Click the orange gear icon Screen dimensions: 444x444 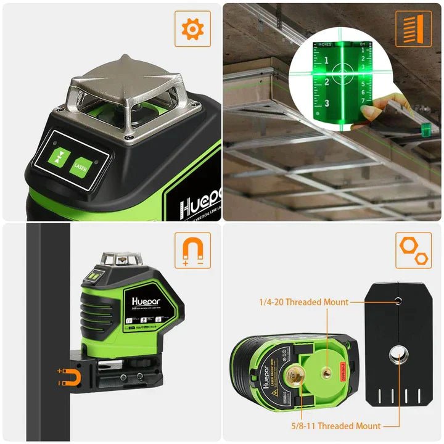pos(192,28)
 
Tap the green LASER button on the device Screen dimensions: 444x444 pos(78,166)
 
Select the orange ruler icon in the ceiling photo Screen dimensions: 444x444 pos(413,28)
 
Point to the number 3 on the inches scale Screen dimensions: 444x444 pos(326,103)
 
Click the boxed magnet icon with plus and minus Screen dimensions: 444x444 pos(192,250)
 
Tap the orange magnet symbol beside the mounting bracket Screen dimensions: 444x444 pos(69,376)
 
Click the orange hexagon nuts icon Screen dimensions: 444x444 pos(413,250)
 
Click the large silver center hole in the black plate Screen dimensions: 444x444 pos(395,353)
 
